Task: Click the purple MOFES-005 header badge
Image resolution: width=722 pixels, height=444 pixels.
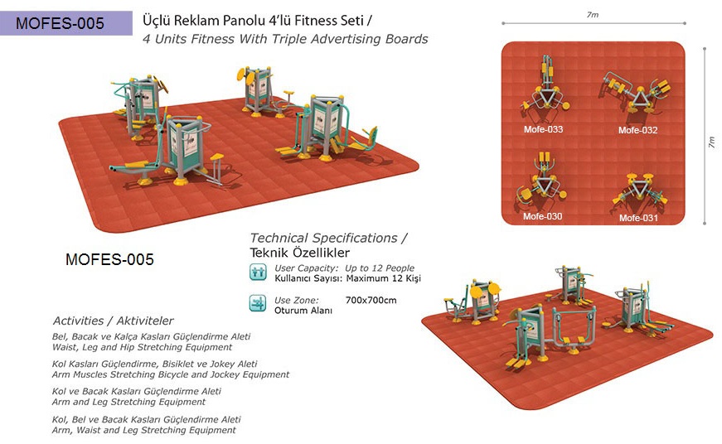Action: coord(66,23)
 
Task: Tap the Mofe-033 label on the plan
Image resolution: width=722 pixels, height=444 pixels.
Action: coord(543,129)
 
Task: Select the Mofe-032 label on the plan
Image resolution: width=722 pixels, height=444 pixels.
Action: coord(637,130)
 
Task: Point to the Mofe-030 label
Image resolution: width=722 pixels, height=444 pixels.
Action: coord(542,216)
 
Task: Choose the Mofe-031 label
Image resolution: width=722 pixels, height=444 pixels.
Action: coord(638,218)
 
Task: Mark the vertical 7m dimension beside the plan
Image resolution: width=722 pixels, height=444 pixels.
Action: coord(711,142)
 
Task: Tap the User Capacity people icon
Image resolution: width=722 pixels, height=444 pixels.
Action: coord(258,273)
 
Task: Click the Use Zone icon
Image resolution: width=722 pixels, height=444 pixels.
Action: coord(258,303)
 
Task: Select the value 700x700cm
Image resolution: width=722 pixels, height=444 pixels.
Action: coord(371,300)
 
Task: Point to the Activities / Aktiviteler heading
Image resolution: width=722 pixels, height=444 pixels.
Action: coord(114,321)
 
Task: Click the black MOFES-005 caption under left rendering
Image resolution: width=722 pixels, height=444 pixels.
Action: coord(109,260)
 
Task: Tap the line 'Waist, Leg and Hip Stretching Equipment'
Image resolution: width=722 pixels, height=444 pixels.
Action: coord(142,347)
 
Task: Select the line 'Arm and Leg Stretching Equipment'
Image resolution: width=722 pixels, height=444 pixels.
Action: coord(128,402)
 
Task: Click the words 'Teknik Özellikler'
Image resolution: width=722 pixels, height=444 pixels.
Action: coord(299,252)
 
